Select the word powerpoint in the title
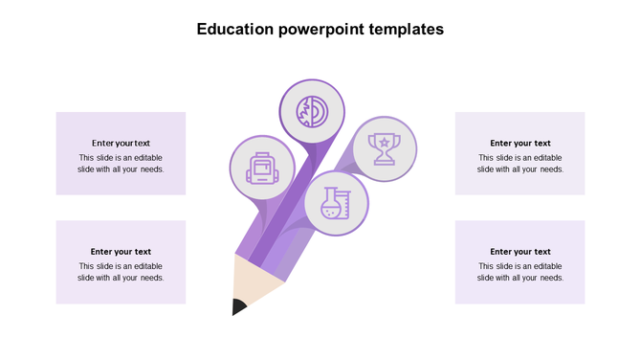319,30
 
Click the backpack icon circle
261,166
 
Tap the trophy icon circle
385,148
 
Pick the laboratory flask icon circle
336,203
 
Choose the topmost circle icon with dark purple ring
310,109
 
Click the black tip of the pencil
238,306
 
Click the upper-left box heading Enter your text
121,144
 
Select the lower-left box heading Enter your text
121,252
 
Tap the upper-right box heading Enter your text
520,144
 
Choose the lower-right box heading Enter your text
520,252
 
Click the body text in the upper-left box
121,164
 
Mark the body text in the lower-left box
121,272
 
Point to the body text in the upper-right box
520,164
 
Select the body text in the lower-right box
520,272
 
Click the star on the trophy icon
385,143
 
